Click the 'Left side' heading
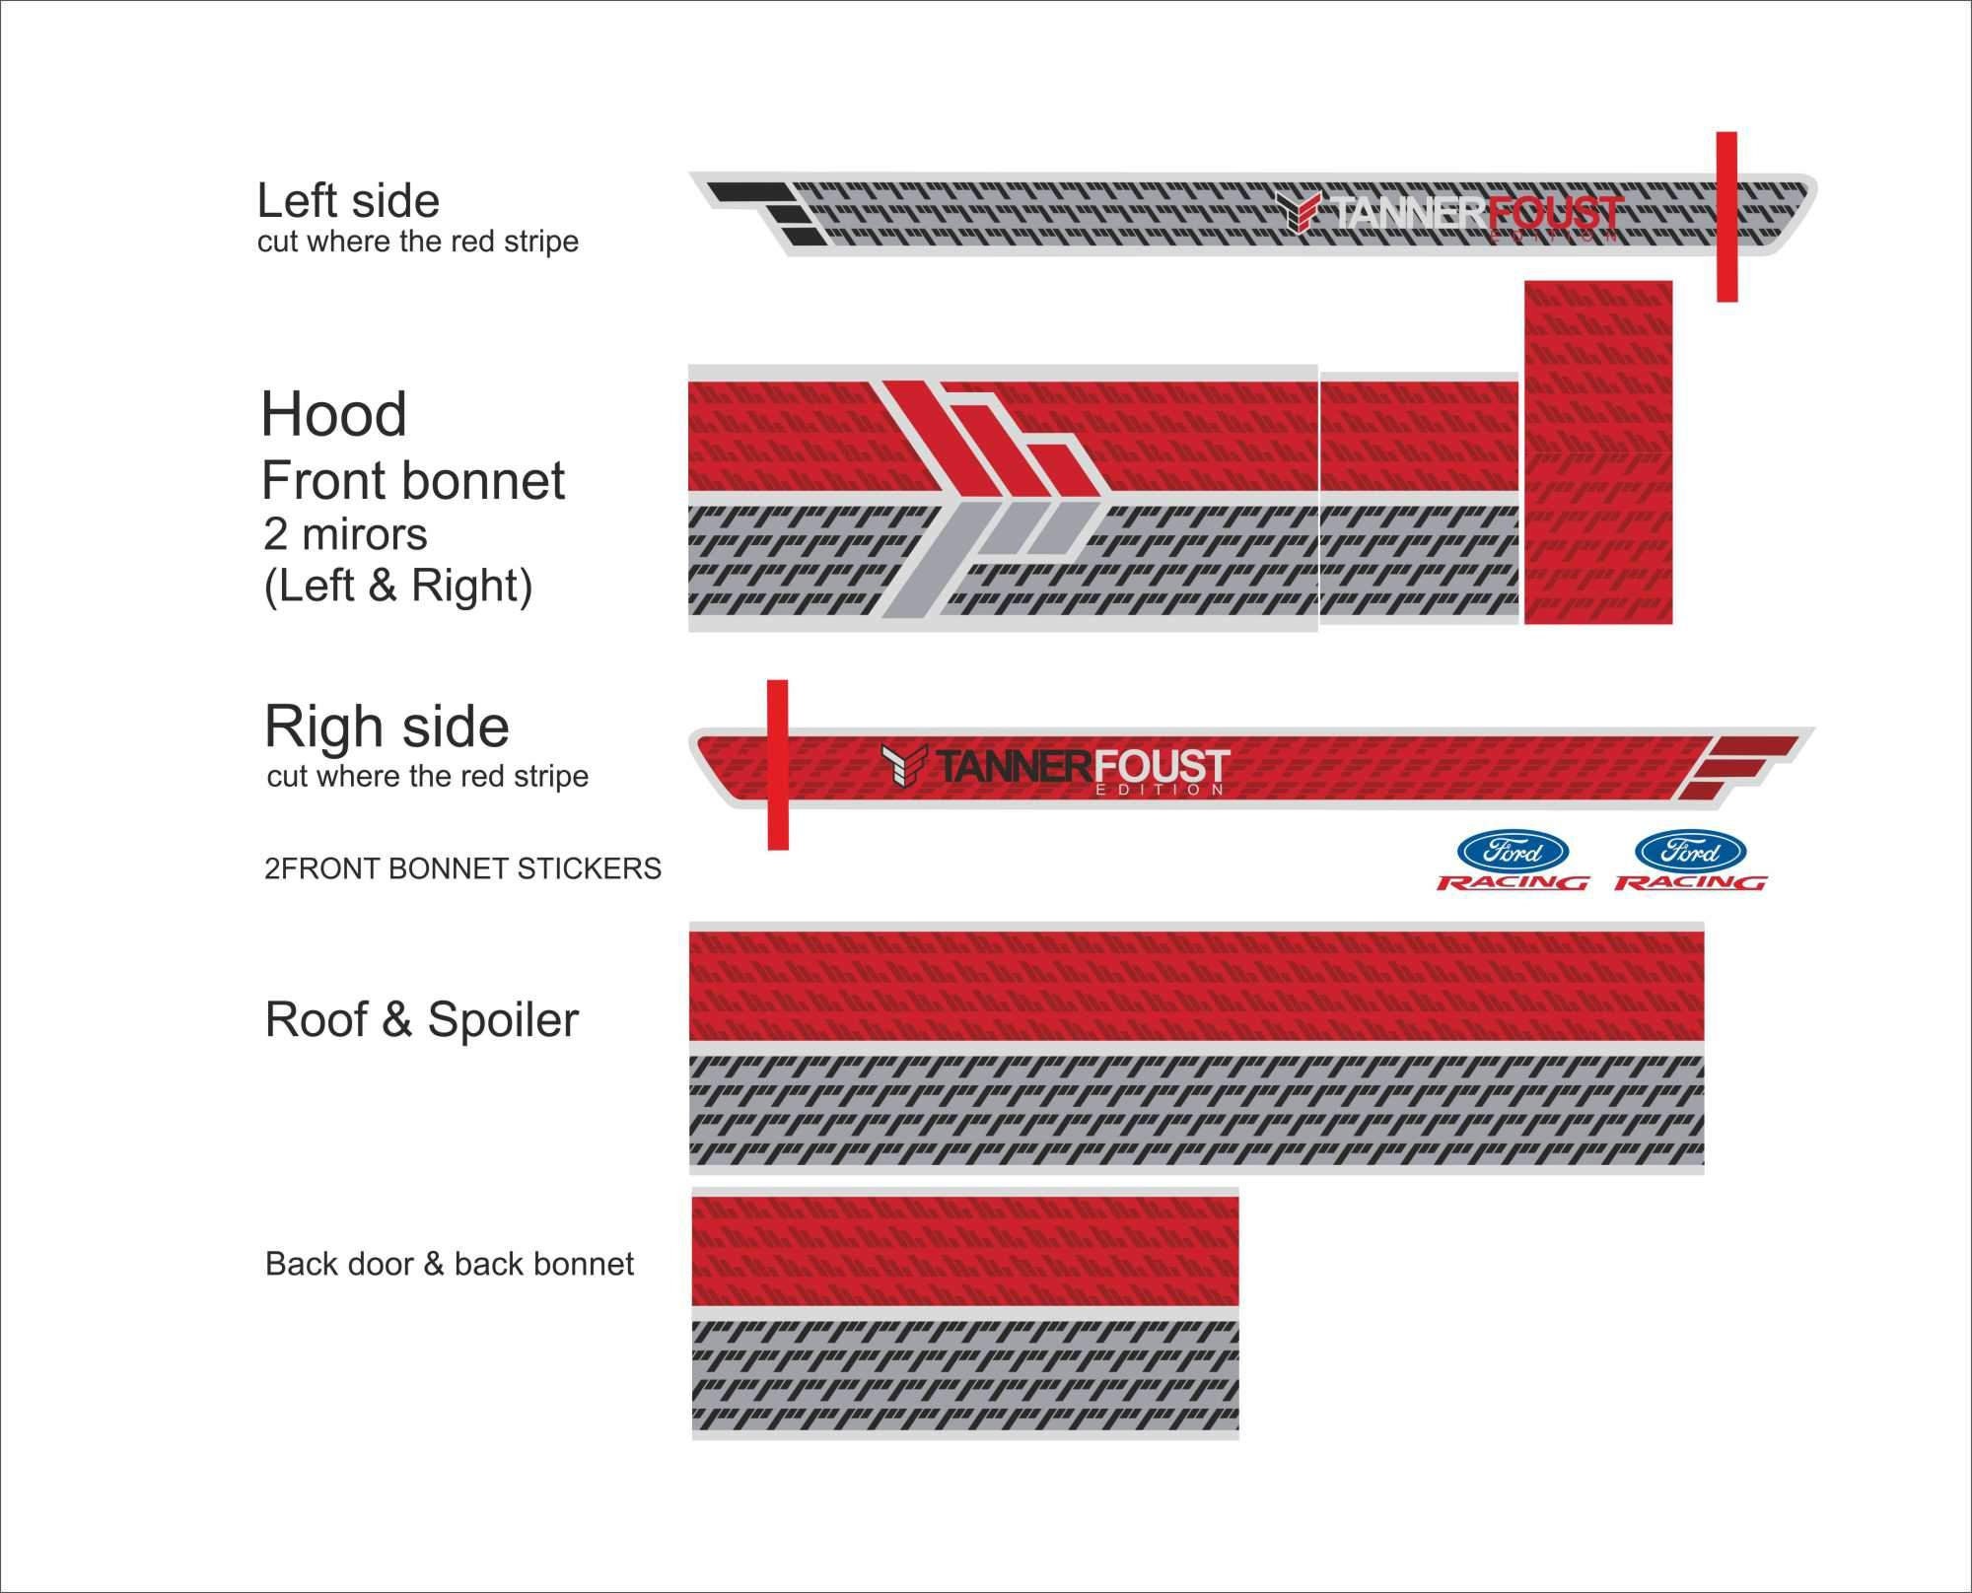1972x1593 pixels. click(x=348, y=201)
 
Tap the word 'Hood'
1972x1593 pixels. click(x=334, y=414)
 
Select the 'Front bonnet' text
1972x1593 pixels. click(x=413, y=481)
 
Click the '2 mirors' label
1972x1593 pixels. click(x=345, y=534)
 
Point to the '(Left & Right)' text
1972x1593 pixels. click(x=398, y=587)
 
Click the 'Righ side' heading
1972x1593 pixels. click(x=387, y=727)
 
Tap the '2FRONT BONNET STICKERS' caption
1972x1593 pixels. click(x=462, y=868)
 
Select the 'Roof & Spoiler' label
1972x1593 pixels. click(x=422, y=1019)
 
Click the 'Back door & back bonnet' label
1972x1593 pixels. click(x=450, y=1264)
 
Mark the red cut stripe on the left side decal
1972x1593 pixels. click(x=1726, y=217)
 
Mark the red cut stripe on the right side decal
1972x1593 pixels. click(x=778, y=764)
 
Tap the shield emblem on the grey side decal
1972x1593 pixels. click(x=1298, y=212)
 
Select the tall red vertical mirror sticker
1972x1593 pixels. click(x=1598, y=452)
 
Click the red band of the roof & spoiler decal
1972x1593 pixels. click(x=1196, y=986)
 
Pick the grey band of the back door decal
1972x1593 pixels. click(x=965, y=1376)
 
